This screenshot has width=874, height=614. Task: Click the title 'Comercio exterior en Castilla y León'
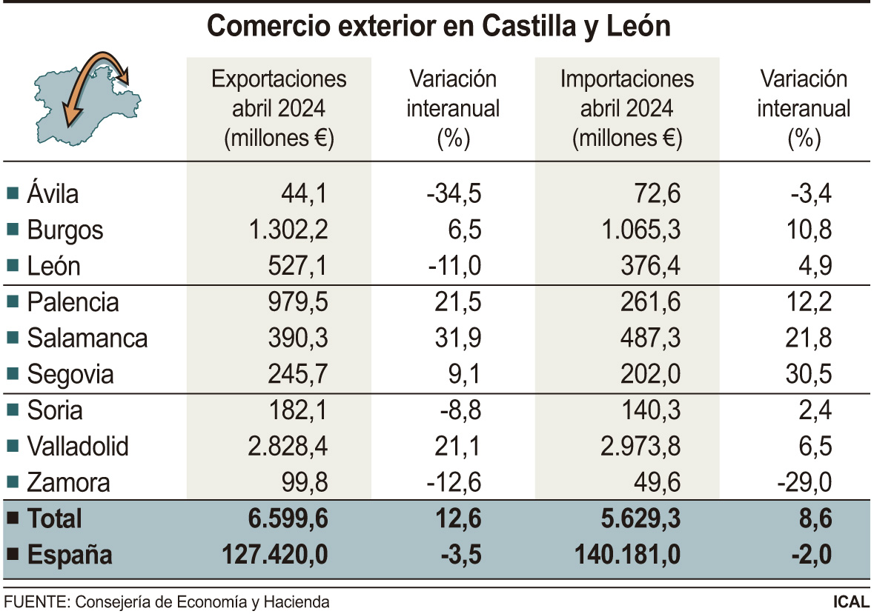click(438, 27)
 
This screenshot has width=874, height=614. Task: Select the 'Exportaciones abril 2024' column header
click(279, 109)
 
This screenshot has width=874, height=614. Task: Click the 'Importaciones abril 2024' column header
click(627, 109)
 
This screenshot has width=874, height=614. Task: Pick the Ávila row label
click(53, 194)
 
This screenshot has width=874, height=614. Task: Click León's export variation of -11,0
click(454, 267)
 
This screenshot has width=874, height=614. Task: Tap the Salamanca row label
click(87, 338)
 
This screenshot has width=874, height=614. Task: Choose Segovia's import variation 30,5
click(810, 375)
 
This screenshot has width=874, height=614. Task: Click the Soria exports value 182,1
click(297, 411)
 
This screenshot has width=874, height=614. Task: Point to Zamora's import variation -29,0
click(804, 483)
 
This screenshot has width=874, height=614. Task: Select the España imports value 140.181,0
click(627, 555)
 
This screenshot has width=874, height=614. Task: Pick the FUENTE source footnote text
click(167, 601)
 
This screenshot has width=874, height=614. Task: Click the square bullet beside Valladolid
click(12, 447)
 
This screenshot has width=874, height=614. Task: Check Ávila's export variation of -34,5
click(454, 194)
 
